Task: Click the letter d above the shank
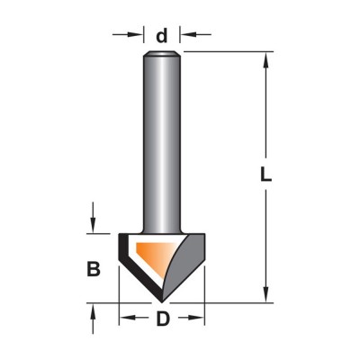pyautogui.click(x=162, y=36)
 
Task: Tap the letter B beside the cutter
pyautogui.click(x=94, y=269)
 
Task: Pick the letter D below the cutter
pyautogui.click(x=163, y=319)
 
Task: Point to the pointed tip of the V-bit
pyautogui.click(x=162, y=301)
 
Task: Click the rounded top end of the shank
pyautogui.click(x=162, y=54)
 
